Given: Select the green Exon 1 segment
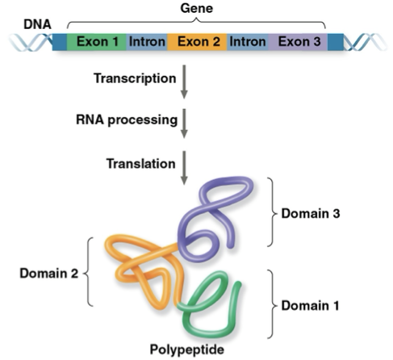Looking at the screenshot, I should coord(94,41).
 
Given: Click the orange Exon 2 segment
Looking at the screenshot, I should coord(197,41).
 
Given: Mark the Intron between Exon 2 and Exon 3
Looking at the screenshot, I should coord(249,41).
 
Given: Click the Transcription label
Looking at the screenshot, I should coord(134,79).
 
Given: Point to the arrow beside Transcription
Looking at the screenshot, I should coord(183,82).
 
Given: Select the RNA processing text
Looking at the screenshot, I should coord(128,121).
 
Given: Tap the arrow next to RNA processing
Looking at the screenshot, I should coord(183,123).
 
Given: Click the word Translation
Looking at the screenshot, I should coord(140,164).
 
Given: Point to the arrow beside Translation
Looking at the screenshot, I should coord(183,165).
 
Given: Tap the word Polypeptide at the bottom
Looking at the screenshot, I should coord(197,350).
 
